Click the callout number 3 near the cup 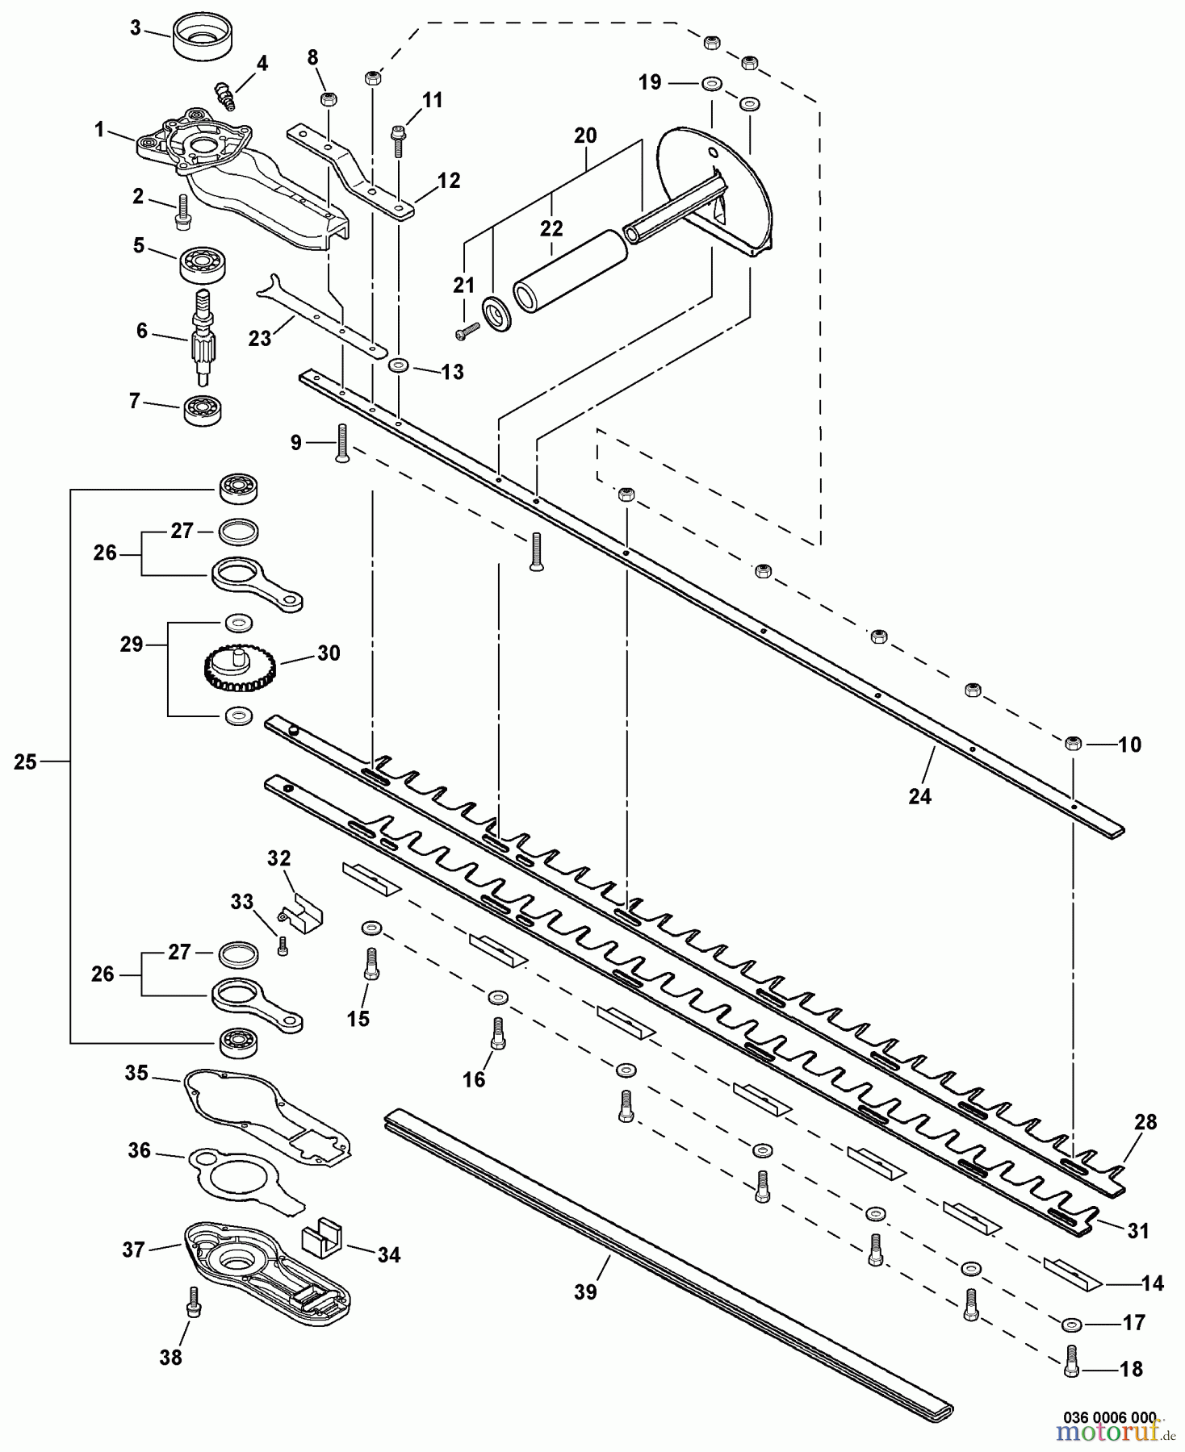136,28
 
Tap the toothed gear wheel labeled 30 237,670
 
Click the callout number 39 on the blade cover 585,1291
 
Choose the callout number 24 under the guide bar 919,796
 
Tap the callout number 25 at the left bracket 25,761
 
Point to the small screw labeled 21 467,329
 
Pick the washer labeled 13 399,366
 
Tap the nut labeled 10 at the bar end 1073,743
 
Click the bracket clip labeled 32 303,909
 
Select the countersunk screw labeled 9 341,442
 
